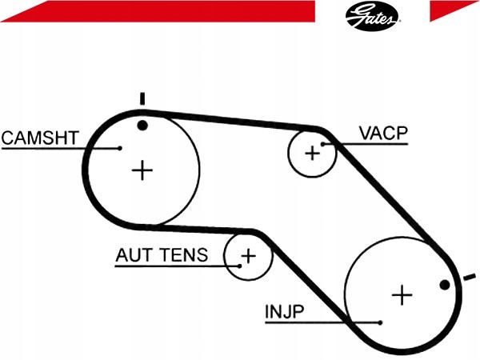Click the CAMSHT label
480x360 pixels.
pyautogui.click(x=40, y=138)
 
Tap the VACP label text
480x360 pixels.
pyautogui.click(x=383, y=133)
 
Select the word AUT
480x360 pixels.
pyautogui.click(x=134, y=254)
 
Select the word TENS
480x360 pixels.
pyautogui.click(x=184, y=254)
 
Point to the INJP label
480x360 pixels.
pyautogui.click(x=284, y=312)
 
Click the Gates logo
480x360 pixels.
pyautogui.click(x=372, y=16)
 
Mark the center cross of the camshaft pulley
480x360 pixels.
pyautogui.click(x=142, y=170)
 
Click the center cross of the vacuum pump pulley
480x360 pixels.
pyautogui.click(x=313, y=153)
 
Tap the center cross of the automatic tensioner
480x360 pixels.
pyautogui.click(x=249, y=256)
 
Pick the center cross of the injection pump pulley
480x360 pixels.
pyautogui.click(x=402, y=295)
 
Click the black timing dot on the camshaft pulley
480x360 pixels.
pyautogui.click(x=142, y=126)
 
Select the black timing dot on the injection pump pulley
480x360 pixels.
pyautogui.click(x=445, y=285)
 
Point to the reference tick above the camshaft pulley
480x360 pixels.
pyautogui.click(x=142, y=99)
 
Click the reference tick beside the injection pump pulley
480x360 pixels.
pyautogui.click(x=470, y=277)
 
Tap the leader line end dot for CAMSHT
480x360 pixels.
pyautogui.click(x=120, y=148)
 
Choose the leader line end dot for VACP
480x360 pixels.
pyautogui.click(x=322, y=144)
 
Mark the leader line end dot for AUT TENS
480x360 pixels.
pyautogui.click(x=240, y=266)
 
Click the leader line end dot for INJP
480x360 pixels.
pyautogui.click(x=380, y=322)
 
